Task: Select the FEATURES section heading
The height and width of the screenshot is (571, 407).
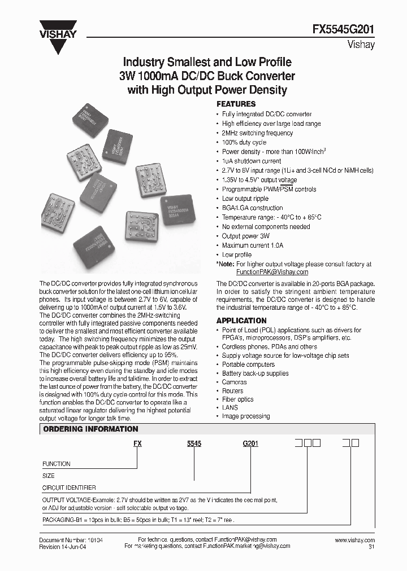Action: [236, 104]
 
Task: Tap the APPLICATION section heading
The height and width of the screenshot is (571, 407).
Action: [241, 320]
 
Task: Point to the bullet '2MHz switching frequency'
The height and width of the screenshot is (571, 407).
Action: [257, 133]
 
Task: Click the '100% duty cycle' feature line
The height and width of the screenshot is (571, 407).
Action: [245, 142]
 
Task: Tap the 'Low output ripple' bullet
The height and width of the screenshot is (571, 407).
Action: [245, 199]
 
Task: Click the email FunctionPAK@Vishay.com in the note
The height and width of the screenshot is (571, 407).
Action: [272, 271]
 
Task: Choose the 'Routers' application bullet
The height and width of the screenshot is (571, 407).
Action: [232, 390]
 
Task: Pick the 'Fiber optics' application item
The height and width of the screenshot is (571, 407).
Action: [237, 399]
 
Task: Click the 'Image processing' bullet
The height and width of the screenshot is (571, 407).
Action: [245, 416]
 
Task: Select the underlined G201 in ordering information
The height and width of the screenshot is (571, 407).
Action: [250, 444]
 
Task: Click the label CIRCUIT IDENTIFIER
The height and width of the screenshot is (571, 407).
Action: [69, 487]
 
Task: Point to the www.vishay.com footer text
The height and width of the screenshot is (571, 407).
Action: [354, 540]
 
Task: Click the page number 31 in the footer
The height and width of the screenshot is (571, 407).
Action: [371, 547]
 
